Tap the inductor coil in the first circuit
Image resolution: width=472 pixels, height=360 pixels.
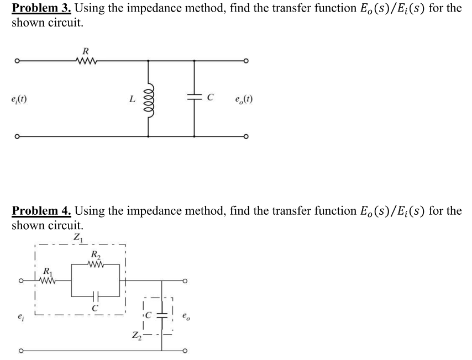click(x=149, y=100)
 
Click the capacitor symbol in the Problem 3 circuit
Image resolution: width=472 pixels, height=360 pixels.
click(x=195, y=99)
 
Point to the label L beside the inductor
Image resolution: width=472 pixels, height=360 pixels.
click(x=131, y=100)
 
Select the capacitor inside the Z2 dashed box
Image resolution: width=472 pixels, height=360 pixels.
click(x=162, y=317)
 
